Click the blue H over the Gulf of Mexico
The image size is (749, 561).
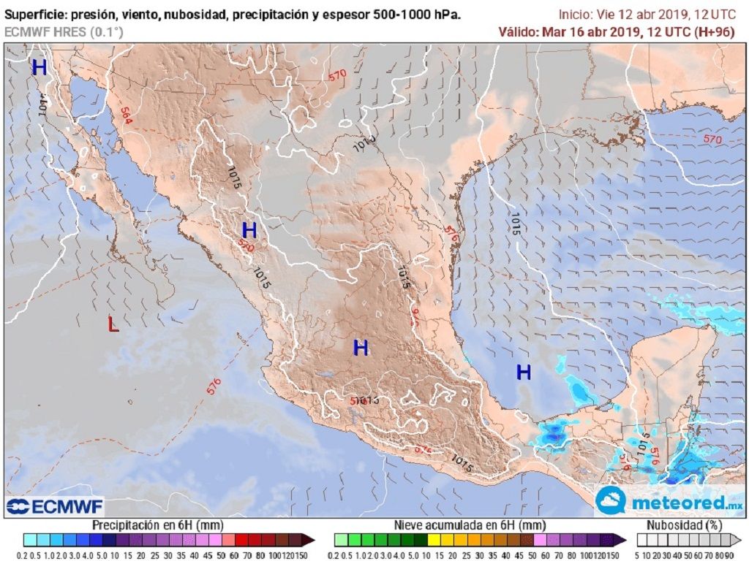[x=523, y=373]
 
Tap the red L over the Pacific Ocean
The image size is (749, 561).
[x=113, y=324]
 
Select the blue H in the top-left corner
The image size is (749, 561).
[x=39, y=68]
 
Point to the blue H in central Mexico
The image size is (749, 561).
[x=360, y=348]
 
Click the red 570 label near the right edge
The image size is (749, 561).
[x=712, y=139]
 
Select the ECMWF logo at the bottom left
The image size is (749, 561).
[x=55, y=506]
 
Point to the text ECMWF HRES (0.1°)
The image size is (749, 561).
[x=64, y=31]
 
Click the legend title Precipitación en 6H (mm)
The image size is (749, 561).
[x=157, y=524]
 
